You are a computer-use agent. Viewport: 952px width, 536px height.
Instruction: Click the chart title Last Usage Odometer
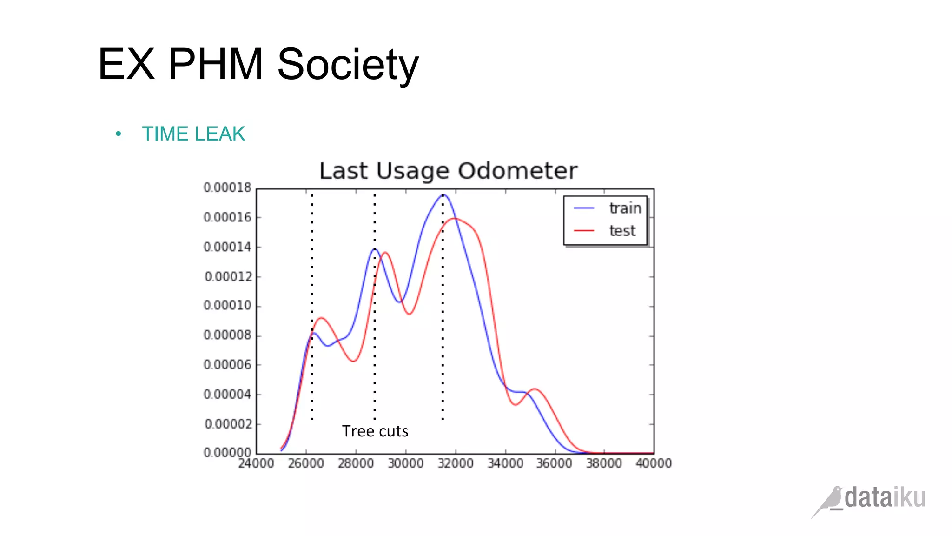coord(448,171)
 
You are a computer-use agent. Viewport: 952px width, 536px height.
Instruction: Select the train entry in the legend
coord(625,208)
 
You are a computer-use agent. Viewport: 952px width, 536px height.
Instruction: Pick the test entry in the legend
coord(622,231)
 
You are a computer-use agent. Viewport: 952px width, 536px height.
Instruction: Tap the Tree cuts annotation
coord(375,431)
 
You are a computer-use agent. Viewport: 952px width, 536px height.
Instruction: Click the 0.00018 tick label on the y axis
coord(227,188)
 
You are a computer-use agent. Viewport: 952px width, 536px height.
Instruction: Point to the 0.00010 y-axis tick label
coord(227,305)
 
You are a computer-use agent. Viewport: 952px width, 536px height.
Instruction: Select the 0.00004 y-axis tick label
coord(227,394)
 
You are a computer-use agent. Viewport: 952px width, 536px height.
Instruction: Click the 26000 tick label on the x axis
coord(306,463)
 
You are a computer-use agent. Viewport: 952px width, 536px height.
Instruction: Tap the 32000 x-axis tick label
coord(456,463)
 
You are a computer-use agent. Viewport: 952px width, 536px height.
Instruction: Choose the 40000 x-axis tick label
coord(654,463)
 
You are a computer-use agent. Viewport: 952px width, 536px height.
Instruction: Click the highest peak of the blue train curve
coord(443,195)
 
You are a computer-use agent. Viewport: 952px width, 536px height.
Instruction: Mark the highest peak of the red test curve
coord(455,218)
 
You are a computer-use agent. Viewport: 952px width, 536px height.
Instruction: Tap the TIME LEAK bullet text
coord(193,134)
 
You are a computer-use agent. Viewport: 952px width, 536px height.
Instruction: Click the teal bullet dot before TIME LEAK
coord(119,134)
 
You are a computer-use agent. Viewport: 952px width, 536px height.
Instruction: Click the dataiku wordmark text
coord(885,497)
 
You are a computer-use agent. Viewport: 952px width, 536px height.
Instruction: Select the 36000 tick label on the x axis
coord(554,463)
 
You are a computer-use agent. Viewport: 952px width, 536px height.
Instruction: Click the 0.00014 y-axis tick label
coord(227,247)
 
